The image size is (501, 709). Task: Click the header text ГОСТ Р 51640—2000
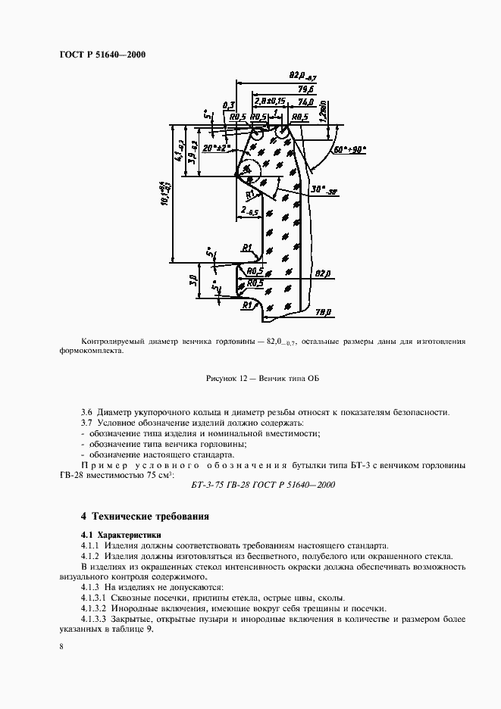[x=102, y=55]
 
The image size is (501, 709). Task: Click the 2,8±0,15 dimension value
[x=270, y=100]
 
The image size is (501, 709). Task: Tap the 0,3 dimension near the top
[x=229, y=105]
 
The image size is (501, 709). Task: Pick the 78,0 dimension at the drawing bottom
[x=324, y=310]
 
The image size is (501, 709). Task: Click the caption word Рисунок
[x=223, y=377]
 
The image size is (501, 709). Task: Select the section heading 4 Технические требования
[x=145, y=516]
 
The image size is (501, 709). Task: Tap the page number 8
[x=61, y=646]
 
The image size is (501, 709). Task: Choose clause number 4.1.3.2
[x=96, y=608]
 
